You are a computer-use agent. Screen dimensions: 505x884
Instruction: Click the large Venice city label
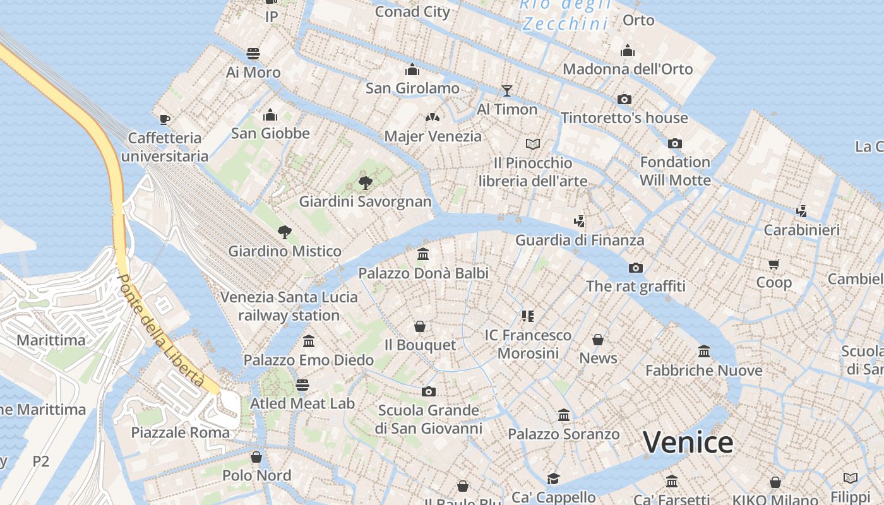point(688,442)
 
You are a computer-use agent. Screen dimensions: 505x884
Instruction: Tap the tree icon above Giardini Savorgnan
point(365,183)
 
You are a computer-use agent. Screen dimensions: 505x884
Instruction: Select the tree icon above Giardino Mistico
point(285,232)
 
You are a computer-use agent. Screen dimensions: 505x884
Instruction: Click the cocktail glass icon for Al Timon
point(506,90)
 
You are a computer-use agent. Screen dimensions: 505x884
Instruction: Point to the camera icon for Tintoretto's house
point(624,99)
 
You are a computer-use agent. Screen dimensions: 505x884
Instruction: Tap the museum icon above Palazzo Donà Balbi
point(423,254)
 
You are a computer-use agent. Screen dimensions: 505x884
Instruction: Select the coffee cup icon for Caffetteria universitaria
point(165,119)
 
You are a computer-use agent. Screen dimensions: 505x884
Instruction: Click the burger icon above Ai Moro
point(253,53)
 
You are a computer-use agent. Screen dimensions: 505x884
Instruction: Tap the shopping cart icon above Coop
point(774,264)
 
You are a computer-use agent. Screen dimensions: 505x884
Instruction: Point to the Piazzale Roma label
point(180,432)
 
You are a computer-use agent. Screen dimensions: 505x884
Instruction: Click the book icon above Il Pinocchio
point(533,145)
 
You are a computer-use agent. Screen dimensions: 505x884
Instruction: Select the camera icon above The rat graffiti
point(636,268)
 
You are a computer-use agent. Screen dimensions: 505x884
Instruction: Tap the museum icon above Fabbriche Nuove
point(704,351)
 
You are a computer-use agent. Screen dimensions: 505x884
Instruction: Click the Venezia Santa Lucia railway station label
point(289,306)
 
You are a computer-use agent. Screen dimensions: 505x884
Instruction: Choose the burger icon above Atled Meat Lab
point(302,384)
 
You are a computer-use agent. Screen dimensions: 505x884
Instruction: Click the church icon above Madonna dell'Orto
point(628,50)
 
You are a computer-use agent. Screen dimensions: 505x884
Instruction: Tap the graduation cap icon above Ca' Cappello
point(553,478)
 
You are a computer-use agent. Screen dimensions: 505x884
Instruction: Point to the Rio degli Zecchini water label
point(565,15)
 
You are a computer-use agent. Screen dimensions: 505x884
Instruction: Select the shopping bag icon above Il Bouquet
point(420,326)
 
